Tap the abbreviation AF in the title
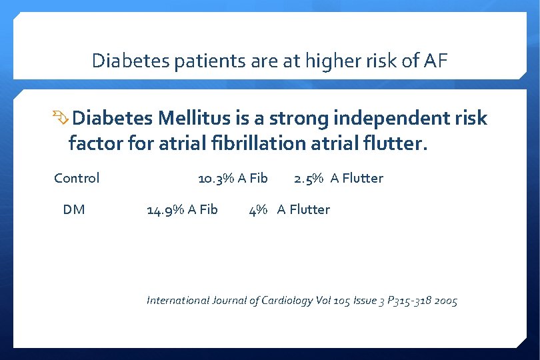(435, 61)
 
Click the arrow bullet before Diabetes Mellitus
(61, 119)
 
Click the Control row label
(77, 178)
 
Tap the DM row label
(74, 209)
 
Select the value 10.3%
(216, 178)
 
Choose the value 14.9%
(165, 209)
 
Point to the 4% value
(258, 209)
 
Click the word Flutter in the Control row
(363, 178)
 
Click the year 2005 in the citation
(444, 301)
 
